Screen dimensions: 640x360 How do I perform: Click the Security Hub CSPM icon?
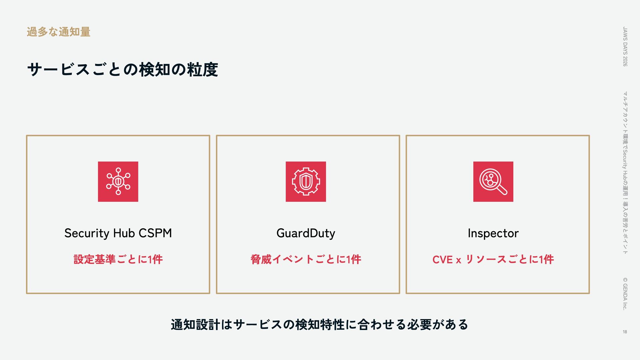tap(118, 182)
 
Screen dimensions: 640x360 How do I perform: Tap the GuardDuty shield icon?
tap(306, 182)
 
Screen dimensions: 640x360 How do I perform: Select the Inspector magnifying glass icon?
tap(493, 182)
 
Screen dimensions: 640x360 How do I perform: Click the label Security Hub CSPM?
tap(118, 233)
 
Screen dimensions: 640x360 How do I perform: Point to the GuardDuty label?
tap(306, 233)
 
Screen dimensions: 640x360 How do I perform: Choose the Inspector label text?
tap(493, 233)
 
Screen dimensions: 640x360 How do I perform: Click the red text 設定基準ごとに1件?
tap(118, 259)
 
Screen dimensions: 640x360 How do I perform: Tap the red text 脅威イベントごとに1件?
tap(306, 259)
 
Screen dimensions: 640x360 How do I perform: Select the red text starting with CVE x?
tap(493, 259)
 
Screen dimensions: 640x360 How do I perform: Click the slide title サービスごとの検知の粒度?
tap(123, 70)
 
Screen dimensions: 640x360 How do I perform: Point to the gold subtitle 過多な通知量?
tap(59, 32)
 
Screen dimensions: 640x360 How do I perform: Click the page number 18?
tap(625, 332)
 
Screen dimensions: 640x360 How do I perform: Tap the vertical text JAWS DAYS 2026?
tap(625, 47)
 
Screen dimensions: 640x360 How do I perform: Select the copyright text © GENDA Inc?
tap(625, 294)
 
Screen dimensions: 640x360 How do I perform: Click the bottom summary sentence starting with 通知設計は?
tap(319, 324)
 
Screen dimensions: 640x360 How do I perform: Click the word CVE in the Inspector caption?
tap(442, 260)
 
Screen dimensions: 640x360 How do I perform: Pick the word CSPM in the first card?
tap(155, 233)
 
